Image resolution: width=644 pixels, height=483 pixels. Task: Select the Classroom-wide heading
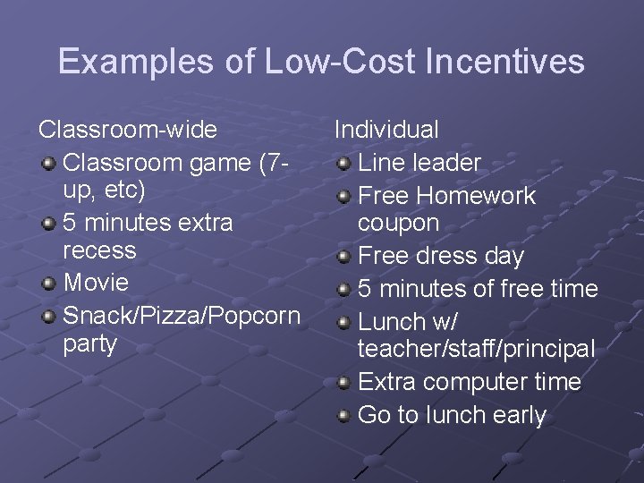(128, 130)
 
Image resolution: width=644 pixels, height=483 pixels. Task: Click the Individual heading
(386, 130)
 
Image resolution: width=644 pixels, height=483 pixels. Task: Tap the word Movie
(97, 284)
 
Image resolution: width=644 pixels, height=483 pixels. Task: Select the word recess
(99, 250)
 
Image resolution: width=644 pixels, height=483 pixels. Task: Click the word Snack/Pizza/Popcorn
(182, 316)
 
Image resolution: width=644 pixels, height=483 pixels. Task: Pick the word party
(90, 344)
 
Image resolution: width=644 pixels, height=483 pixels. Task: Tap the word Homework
(477, 196)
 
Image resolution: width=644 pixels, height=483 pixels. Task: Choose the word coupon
(399, 224)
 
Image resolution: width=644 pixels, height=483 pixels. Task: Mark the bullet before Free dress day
(343, 257)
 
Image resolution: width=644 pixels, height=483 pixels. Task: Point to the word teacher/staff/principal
(476, 350)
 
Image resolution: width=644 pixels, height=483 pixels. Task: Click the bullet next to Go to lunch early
(343, 416)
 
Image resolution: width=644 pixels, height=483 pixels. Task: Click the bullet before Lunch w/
(343, 322)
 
